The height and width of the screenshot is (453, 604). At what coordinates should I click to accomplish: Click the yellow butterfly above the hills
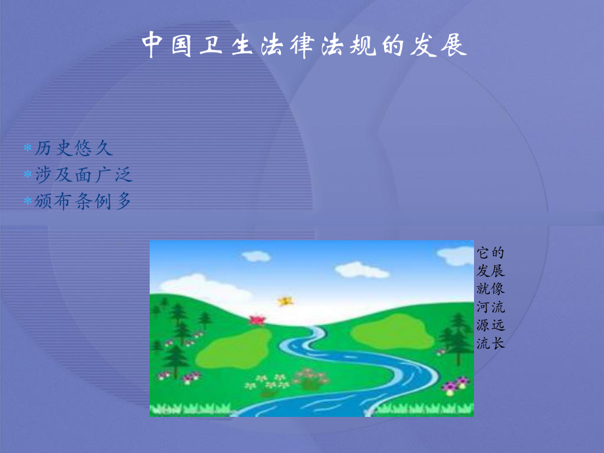(x=285, y=301)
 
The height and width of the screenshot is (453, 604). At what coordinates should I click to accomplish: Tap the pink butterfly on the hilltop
(x=255, y=319)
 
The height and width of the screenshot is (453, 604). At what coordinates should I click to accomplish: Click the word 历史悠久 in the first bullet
(x=74, y=148)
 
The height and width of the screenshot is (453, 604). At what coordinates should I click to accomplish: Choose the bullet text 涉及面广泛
(x=83, y=175)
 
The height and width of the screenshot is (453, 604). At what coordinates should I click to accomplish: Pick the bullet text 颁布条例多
(x=83, y=201)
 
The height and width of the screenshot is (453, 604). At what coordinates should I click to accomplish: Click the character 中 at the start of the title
(x=152, y=45)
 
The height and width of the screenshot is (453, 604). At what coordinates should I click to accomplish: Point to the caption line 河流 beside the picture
(x=491, y=307)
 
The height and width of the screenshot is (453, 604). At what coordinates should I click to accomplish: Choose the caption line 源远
(x=491, y=324)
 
